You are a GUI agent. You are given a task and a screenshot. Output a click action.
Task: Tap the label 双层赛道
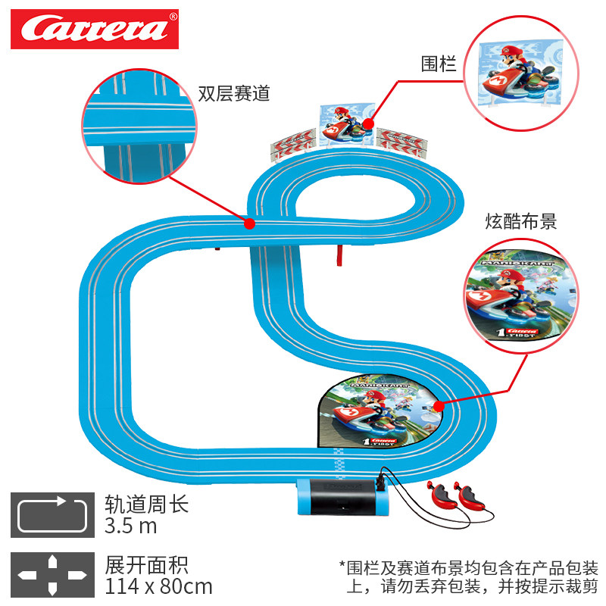tap(234, 94)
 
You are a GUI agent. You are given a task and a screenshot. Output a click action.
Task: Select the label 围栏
tap(439, 64)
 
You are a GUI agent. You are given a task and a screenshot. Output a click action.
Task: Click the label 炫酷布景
tap(521, 222)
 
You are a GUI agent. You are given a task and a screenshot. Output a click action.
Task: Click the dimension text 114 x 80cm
tap(158, 586)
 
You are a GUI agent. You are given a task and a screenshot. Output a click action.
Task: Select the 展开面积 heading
tap(146, 564)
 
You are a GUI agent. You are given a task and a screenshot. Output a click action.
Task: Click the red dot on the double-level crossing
tap(248, 223)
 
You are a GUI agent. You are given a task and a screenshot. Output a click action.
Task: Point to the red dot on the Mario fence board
tap(367, 122)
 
